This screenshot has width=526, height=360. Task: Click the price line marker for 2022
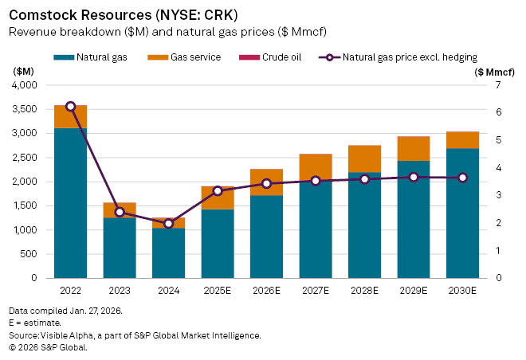coord(70,106)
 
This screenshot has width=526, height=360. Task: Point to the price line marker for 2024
coord(168,223)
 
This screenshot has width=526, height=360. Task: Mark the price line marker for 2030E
coord(462,178)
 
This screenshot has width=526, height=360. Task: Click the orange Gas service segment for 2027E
coord(316,166)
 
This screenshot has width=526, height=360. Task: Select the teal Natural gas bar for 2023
coord(120,248)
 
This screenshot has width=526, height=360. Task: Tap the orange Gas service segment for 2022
coord(70,116)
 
